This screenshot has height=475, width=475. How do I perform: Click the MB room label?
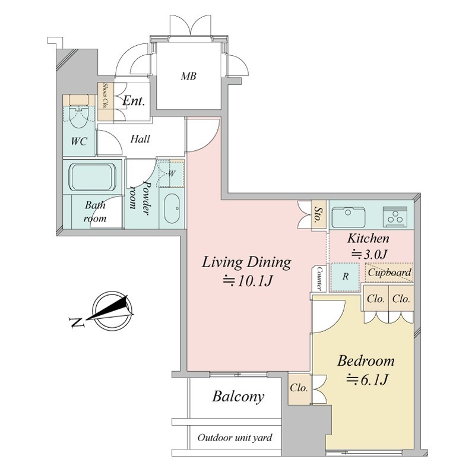tap(188, 76)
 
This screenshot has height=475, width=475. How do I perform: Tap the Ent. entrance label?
tap(134, 100)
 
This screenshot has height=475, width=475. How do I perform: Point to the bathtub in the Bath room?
tap(93, 177)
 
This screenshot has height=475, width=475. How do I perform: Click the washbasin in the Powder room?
tap(172, 208)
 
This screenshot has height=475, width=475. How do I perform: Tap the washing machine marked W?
tap(171, 173)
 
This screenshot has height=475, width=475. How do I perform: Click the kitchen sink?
tap(349, 217)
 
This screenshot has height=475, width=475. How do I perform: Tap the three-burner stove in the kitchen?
tap(395, 217)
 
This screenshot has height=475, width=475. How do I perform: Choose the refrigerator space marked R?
tap(345, 277)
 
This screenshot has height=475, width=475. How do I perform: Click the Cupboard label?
tap(389, 272)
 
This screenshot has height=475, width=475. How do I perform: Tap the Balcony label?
tap(238, 396)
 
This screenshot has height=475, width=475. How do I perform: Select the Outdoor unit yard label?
tap(235, 438)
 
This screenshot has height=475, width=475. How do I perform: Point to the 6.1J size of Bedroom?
tap(367, 379)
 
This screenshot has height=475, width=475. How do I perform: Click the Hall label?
tap(140, 139)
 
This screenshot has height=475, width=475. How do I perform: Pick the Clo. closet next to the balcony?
tap(300, 389)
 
